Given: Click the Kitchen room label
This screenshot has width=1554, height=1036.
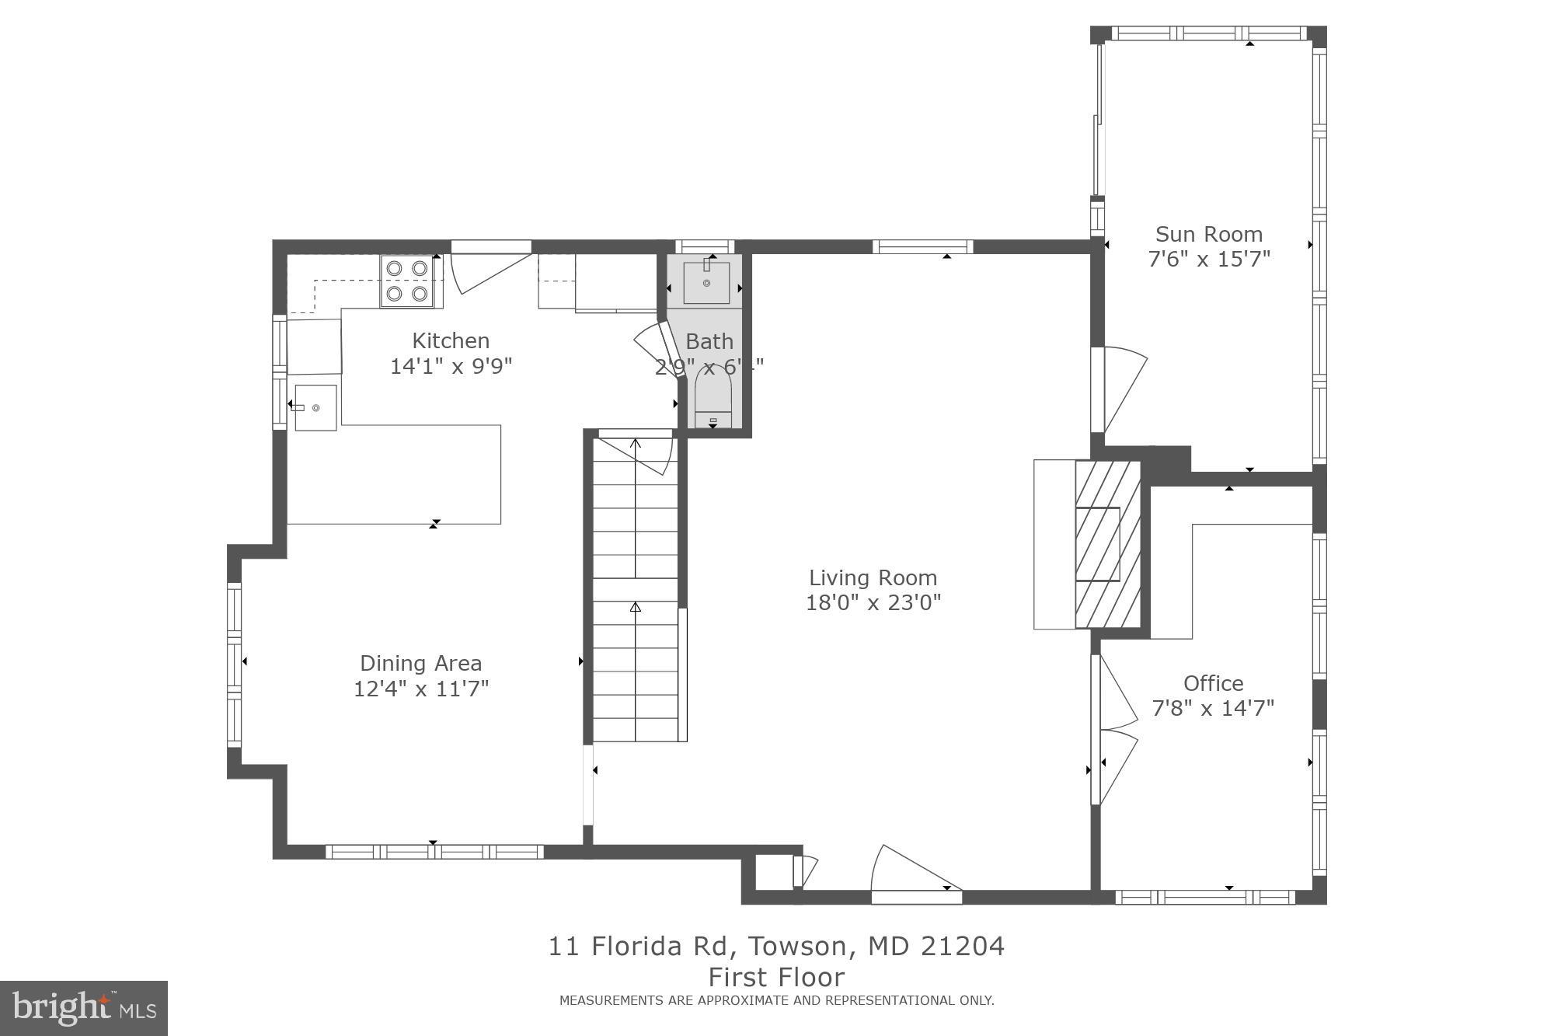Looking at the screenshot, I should [x=451, y=340].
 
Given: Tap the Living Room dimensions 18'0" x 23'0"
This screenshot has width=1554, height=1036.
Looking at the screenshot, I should [x=873, y=602].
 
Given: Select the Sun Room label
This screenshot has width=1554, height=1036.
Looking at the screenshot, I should [x=1208, y=234].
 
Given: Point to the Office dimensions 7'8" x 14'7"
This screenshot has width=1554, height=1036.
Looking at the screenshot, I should [x=1212, y=708].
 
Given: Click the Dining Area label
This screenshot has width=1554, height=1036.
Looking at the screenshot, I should [x=420, y=663].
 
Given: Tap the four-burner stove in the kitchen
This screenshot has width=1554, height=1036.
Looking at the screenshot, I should [x=407, y=281].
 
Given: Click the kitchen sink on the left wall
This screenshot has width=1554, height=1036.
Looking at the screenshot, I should [x=315, y=407].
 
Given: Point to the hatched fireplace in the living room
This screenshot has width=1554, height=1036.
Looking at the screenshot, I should [x=1107, y=544].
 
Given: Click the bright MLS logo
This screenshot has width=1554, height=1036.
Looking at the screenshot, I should [x=84, y=1008].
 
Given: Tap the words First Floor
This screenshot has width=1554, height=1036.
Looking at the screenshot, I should [x=776, y=977].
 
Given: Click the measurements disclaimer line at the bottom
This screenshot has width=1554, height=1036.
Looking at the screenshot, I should [x=776, y=1000].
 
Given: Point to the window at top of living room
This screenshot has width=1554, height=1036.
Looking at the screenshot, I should [x=922, y=247].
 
